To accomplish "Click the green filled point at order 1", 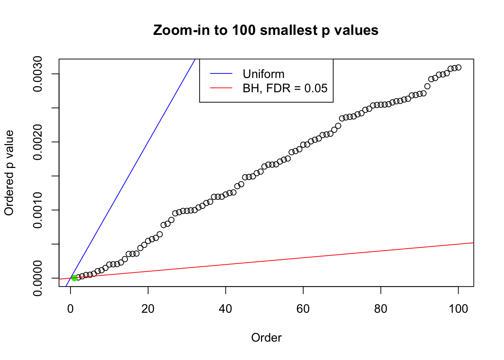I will tap(74, 278).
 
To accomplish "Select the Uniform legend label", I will tap(264, 74).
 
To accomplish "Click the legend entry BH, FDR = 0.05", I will tap(285, 88).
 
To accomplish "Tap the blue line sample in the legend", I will tap(221, 74).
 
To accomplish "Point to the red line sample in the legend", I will tap(221, 88).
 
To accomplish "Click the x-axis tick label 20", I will tap(148, 309).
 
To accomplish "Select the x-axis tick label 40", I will tap(226, 309).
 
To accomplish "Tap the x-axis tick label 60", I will tap(303, 309).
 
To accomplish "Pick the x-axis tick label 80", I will tap(381, 309).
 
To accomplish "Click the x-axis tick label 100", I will tap(458, 309).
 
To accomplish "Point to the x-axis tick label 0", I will tap(70, 309).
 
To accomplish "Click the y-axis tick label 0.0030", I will tap(38, 74).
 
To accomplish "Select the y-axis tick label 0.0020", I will tap(38, 142).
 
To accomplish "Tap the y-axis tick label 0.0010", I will tap(38, 210).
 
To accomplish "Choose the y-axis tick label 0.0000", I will tap(38, 278).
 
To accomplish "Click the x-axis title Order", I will tap(266, 337).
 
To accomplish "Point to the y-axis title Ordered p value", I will tap(9, 173).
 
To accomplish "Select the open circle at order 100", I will tap(458, 67).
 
